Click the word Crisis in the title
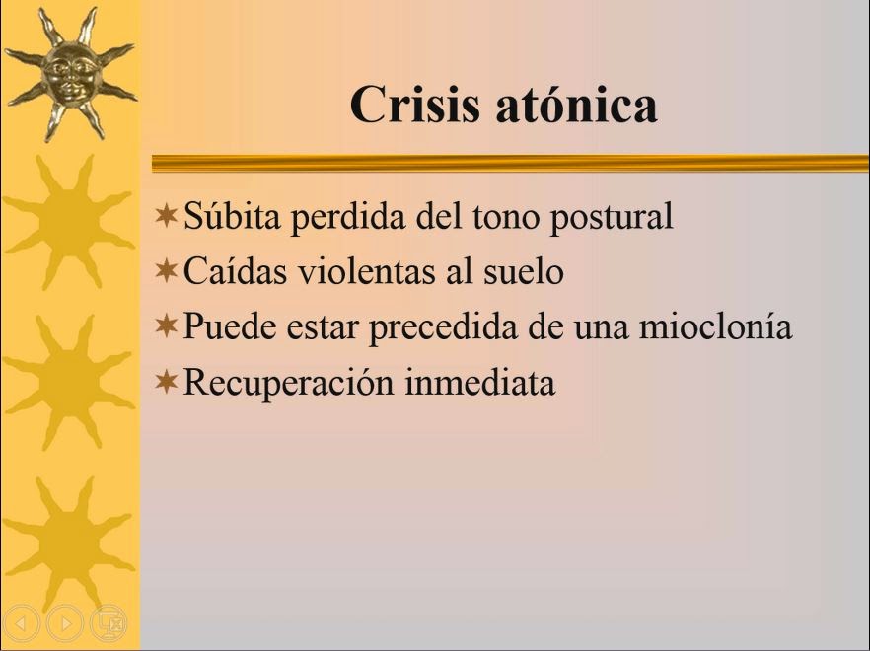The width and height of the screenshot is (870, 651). [414, 105]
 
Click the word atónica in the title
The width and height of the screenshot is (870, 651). [576, 105]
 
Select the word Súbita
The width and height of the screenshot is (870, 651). [232, 215]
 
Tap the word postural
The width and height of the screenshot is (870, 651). [612, 218]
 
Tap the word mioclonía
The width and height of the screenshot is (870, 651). [716, 325]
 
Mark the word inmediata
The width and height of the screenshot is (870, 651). [480, 382]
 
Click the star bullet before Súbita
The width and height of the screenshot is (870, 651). [167, 215]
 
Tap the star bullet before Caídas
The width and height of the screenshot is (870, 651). [167, 271]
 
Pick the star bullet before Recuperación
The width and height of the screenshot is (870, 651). [167, 382]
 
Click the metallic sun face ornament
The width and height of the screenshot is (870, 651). [70, 74]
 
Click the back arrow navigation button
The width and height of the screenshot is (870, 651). [22, 623]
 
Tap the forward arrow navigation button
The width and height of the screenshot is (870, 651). [65, 623]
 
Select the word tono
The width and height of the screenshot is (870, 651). [506, 216]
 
